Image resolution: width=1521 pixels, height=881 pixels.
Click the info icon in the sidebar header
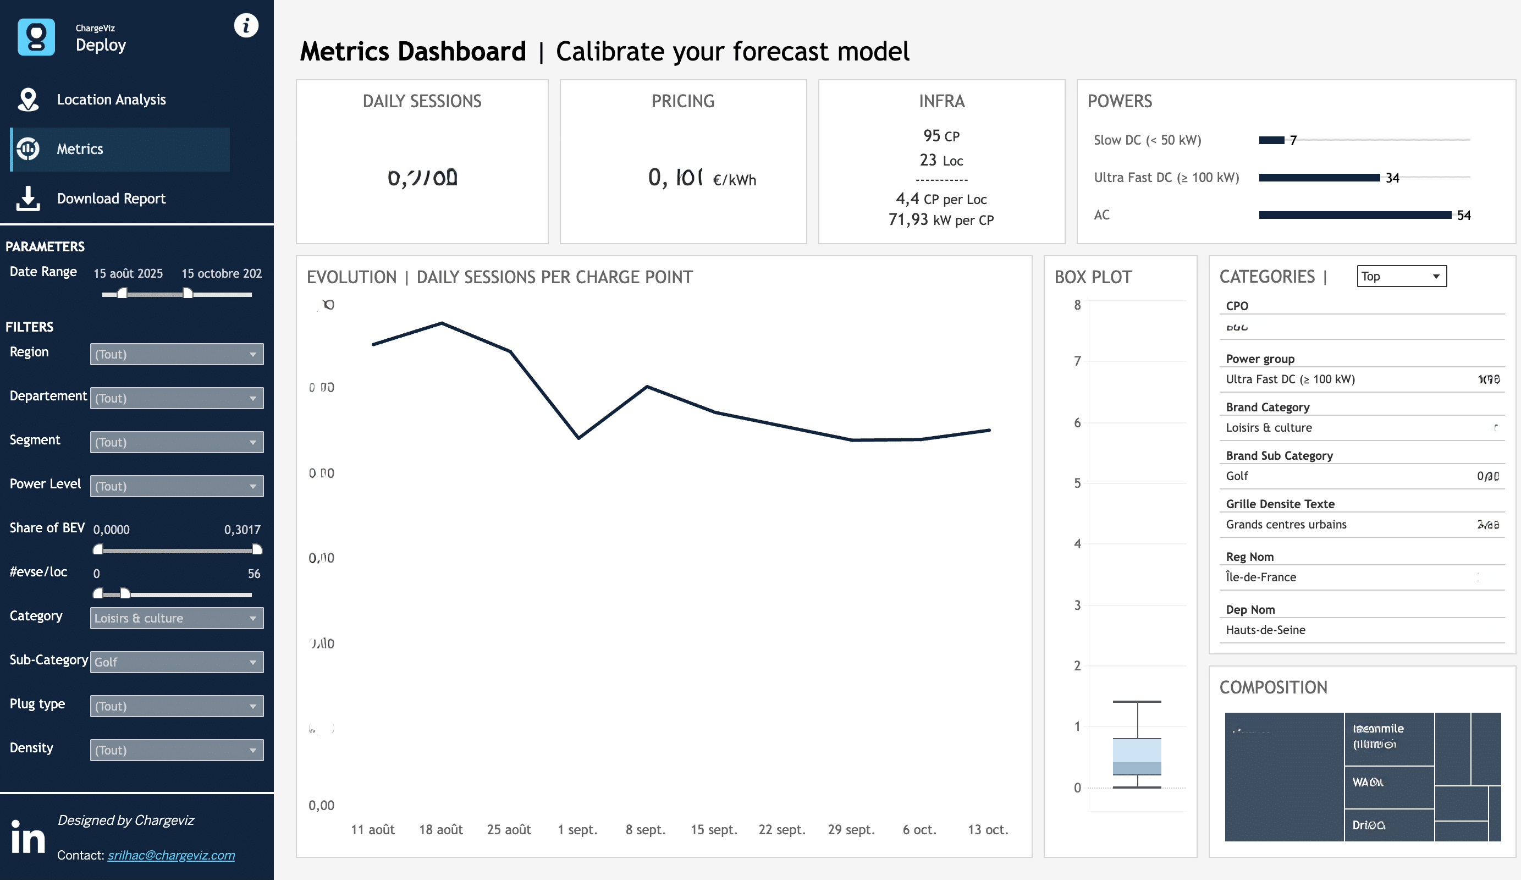[246, 25]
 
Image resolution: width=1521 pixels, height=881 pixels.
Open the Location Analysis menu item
[111, 100]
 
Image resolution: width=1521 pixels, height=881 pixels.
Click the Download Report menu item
[111, 199]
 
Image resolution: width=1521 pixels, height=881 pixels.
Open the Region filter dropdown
[177, 354]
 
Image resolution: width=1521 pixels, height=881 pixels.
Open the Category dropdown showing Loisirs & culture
[177, 619]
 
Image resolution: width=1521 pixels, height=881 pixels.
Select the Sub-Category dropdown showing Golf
[177, 663]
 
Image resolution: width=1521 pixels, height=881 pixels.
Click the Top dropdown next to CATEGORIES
[1401, 277]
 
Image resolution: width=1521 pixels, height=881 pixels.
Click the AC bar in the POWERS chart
[1354, 216]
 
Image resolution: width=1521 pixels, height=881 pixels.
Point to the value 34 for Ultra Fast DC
[1392, 178]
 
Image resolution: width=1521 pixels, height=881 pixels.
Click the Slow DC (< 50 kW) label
[1147, 140]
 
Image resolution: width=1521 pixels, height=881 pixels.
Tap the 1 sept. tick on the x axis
[577, 830]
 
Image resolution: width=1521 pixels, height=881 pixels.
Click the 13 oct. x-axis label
[988, 830]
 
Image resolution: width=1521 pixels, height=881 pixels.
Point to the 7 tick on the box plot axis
[1077, 361]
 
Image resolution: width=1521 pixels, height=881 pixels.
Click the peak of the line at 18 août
[441, 323]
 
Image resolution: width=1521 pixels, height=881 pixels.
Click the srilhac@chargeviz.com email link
[171, 855]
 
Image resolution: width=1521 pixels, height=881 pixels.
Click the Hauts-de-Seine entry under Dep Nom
[1265, 630]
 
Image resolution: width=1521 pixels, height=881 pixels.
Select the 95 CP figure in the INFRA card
[941, 136]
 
